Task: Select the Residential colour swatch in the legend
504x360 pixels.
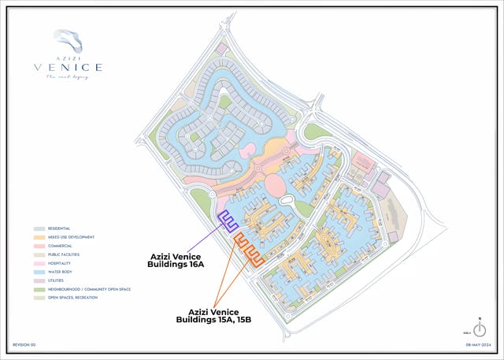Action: click(x=39, y=228)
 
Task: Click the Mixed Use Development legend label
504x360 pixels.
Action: click(x=72, y=237)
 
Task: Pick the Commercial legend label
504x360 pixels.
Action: click(x=61, y=246)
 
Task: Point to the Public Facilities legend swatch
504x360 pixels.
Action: click(x=39, y=254)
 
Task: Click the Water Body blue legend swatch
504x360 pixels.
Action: click(x=39, y=272)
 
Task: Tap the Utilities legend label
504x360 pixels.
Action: click(x=57, y=280)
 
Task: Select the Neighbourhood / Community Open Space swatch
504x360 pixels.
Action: click(x=39, y=289)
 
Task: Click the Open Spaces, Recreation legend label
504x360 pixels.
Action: click(x=71, y=298)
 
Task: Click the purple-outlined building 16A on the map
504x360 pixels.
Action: click(x=228, y=223)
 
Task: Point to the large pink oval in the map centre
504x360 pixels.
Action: click(x=276, y=186)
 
